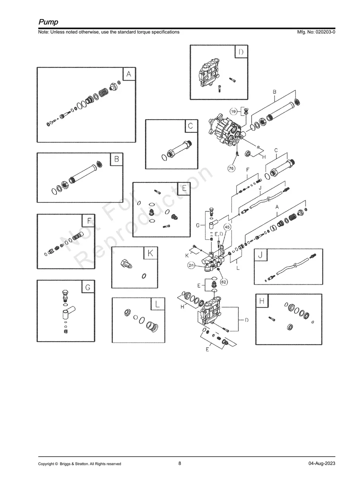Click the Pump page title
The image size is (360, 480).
48,22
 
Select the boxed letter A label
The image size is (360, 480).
129,74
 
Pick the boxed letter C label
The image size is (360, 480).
191,126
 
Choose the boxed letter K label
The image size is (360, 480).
150,253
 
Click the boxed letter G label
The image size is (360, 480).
88,287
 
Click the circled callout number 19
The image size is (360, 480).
234,112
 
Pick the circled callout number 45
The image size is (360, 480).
227,227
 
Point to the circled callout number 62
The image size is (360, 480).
224,282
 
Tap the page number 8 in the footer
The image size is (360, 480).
180,463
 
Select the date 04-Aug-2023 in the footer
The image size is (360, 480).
321,464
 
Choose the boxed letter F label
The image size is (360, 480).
88,221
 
